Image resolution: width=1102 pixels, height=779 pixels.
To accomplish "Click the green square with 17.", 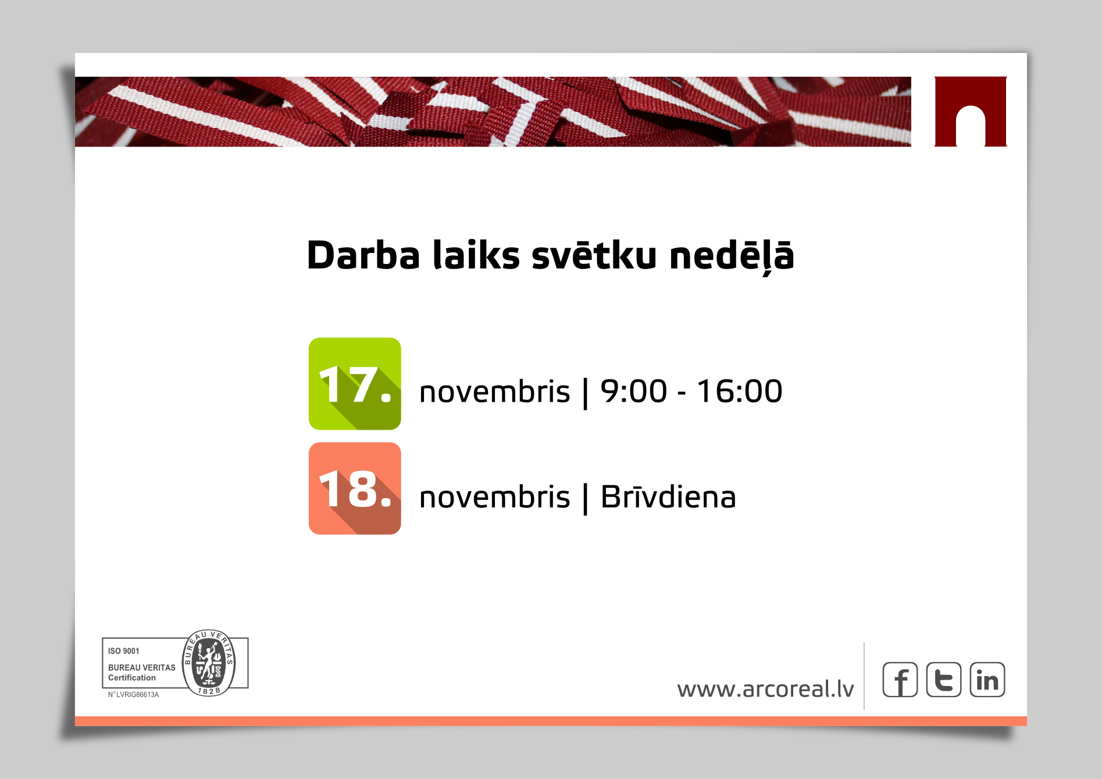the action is tap(355, 384).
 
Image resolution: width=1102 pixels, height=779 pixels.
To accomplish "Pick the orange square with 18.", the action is tap(355, 488).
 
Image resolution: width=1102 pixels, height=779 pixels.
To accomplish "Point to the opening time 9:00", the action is tap(634, 391).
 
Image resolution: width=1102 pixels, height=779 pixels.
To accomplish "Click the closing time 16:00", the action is tap(740, 391).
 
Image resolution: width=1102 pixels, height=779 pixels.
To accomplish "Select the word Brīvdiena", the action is tap(668, 497).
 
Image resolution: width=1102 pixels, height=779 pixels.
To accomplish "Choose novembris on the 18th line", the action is tap(494, 497).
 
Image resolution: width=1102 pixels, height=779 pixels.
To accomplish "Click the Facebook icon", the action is tap(900, 680).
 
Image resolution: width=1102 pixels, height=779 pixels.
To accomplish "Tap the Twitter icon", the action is tap(944, 680).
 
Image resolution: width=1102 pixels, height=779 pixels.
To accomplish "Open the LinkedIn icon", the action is tap(987, 680).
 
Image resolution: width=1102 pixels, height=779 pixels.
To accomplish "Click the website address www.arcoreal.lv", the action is tap(765, 689).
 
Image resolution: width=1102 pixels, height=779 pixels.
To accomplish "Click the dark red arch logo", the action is tap(971, 112).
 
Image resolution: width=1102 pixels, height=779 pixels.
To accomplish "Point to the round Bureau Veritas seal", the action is tap(209, 663).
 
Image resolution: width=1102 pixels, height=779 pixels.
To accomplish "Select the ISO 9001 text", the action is tap(124, 651).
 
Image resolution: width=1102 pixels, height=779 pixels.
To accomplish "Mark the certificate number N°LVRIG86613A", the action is tap(133, 695).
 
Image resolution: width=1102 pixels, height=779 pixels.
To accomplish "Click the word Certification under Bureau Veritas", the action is tap(132, 678).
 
